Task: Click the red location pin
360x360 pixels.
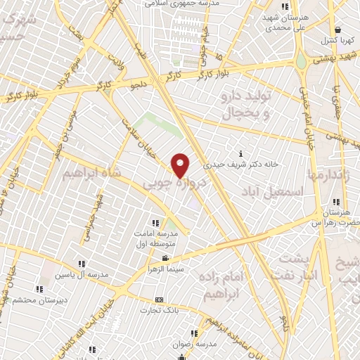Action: [181, 165]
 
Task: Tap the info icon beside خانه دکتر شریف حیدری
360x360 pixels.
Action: [241, 153]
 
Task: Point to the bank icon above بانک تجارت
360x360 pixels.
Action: [159, 299]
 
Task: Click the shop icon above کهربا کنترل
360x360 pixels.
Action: [338, 30]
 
